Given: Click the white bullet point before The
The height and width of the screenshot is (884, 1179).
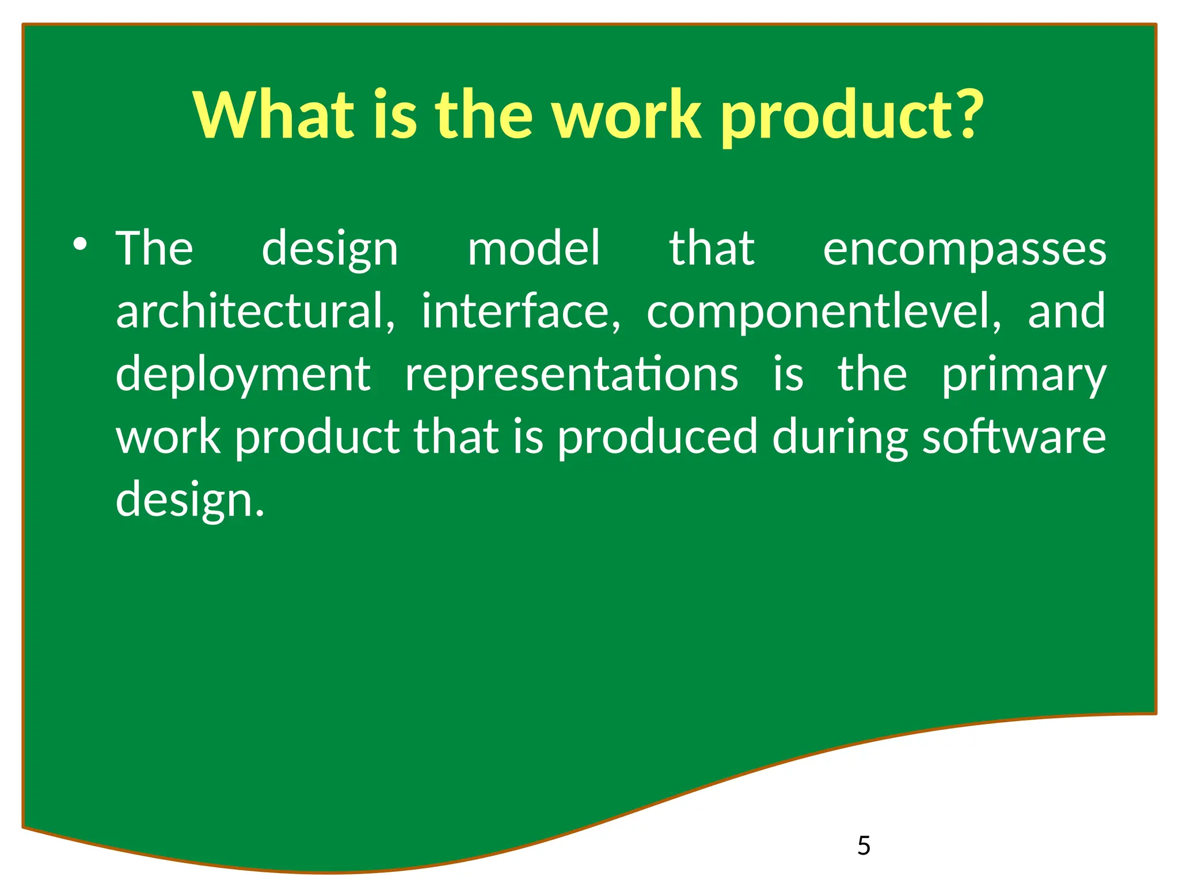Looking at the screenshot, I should pyautogui.click(x=80, y=245).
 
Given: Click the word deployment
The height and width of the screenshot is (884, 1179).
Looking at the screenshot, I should pyautogui.click(x=243, y=375).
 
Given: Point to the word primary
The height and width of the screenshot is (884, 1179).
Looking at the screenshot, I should pyautogui.click(x=1024, y=375).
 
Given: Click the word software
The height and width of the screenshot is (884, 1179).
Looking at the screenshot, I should pyautogui.click(x=1014, y=437).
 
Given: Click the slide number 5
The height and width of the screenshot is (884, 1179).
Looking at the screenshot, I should pyautogui.click(x=864, y=845).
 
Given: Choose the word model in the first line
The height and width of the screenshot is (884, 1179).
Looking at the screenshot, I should pyautogui.click(x=534, y=249).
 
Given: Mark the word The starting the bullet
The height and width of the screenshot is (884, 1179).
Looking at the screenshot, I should pyautogui.click(x=154, y=249).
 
